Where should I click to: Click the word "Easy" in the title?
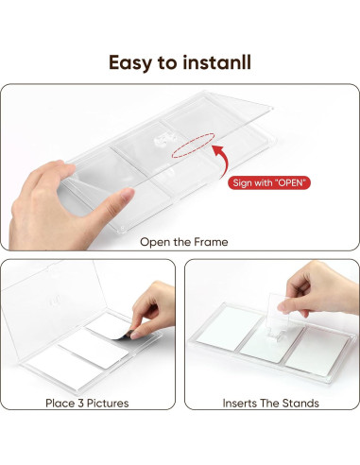point(130,62)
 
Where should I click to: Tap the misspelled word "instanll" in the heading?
point(217,62)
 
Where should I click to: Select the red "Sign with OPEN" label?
point(269,182)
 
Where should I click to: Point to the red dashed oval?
point(193,145)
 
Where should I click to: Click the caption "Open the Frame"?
point(184,242)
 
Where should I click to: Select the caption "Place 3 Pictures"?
point(87,404)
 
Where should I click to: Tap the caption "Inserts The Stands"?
point(270,404)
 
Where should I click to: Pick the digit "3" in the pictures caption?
point(81,404)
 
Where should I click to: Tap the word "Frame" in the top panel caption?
point(211,242)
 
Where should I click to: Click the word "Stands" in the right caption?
point(300,404)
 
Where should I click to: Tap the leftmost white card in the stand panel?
point(229,328)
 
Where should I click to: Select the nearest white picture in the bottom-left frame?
point(66,367)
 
